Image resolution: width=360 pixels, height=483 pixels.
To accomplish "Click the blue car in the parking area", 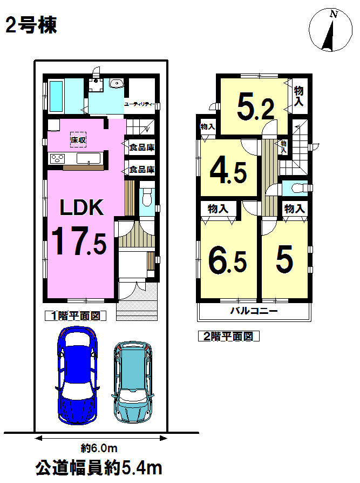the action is click(77, 375).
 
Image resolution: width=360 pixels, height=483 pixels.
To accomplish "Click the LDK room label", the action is click(82, 207).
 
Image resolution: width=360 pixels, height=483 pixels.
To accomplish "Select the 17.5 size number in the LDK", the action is click(79, 240).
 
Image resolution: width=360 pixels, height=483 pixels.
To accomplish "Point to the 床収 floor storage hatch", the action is click(78, 140).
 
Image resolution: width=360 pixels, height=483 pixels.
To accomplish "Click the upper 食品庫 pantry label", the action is click(141, 147).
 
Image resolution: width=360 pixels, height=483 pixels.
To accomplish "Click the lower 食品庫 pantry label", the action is click(141, 170).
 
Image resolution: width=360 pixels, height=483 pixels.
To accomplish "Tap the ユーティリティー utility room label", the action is click(140, 104).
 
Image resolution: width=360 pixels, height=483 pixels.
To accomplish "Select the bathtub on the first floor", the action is click(56, 96).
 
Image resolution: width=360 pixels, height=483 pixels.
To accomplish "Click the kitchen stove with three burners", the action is click(58, 159).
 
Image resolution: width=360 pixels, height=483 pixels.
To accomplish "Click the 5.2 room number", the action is click(256, 109).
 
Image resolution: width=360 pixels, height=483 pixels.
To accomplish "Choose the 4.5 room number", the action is click(229, 172).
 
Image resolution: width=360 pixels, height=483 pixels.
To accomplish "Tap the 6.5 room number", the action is click(228, 260).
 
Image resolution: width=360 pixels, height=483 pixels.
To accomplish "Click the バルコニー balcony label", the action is click(254, 311).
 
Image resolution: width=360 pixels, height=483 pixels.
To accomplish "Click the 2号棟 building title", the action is click(31, 25).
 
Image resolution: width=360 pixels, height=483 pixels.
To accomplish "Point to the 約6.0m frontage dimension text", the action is click(99, 448).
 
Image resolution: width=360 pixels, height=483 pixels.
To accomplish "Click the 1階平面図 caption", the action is click(76, 316).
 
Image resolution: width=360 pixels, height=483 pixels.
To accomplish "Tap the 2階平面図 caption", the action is click(229, 336).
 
